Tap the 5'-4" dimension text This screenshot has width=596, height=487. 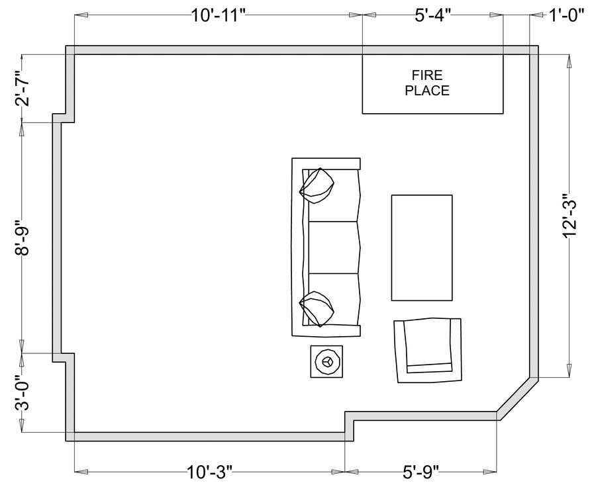click(432, 16)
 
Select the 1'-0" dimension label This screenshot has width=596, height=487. click(566, 16)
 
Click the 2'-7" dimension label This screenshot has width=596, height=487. click(23, 88)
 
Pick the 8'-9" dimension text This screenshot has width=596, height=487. click(23, 238)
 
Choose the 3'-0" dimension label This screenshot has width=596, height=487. click(23, 393)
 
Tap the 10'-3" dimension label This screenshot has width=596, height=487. click(209, 472)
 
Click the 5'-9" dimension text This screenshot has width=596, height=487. click(421, 472)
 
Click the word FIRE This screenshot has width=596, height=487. click(428, 75)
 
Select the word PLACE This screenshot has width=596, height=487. click(427, 91)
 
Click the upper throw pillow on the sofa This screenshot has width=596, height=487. click(317, 186)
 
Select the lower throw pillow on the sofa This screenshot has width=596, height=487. click(317, 309)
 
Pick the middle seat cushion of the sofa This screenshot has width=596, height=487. click(334, 247)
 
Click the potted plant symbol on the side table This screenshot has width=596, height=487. click(327, 361)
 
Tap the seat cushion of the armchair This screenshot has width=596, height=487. click(428, 342)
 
